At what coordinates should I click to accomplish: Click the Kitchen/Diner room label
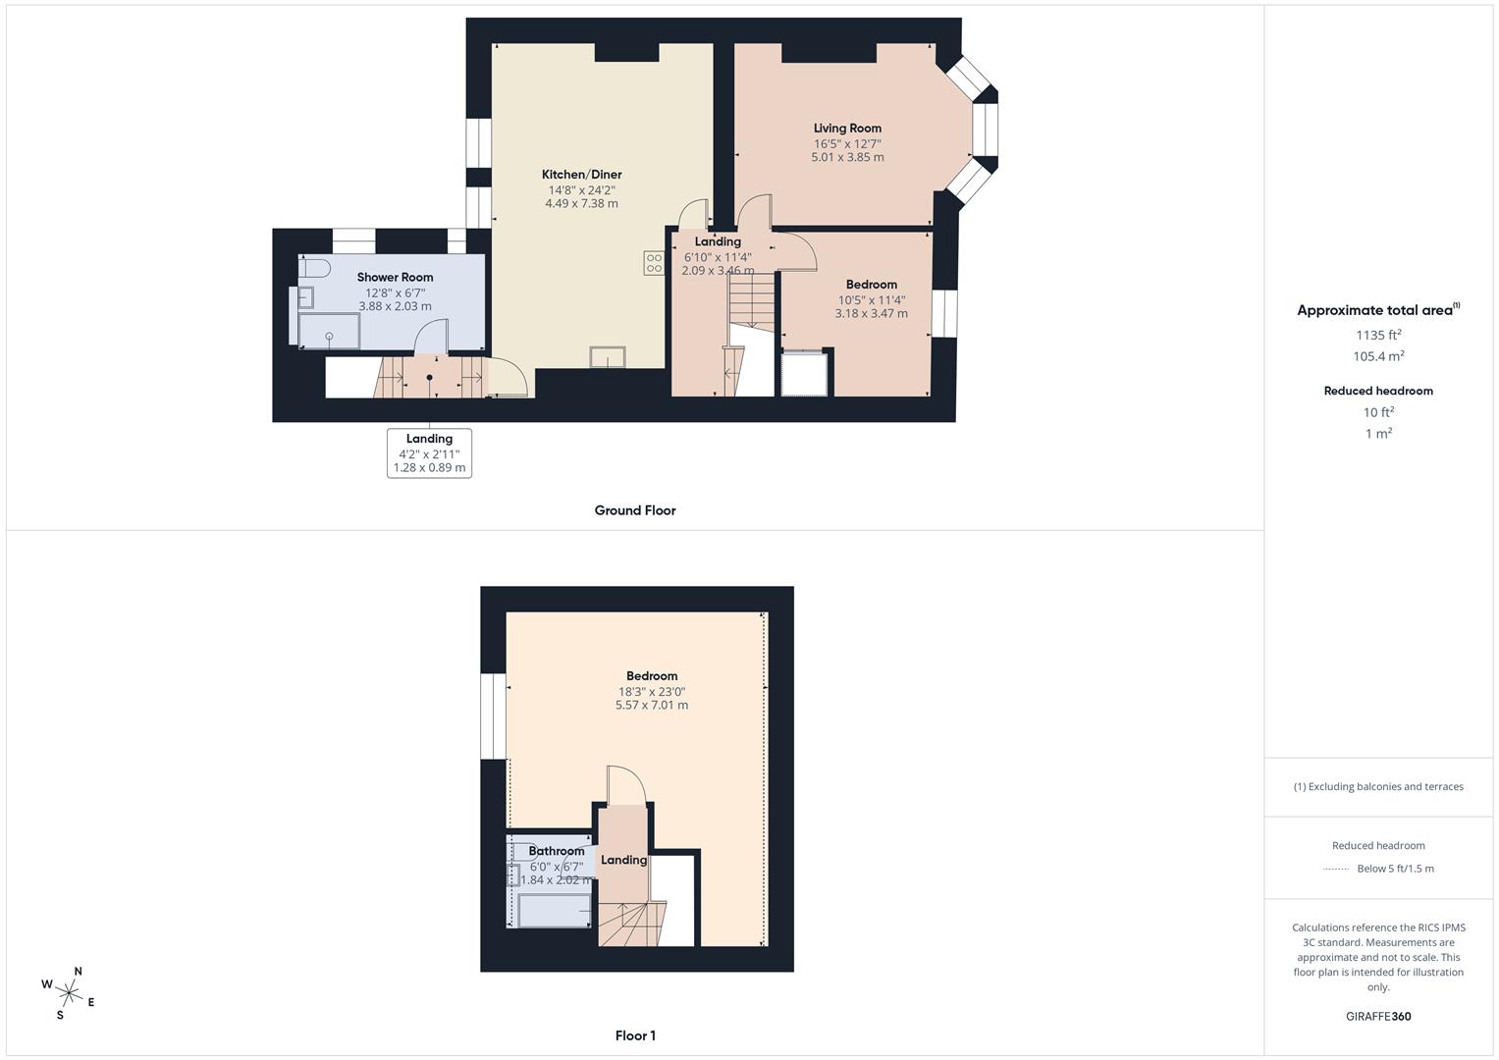[x=581, y=175]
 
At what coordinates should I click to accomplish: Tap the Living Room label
[x=847, y=129]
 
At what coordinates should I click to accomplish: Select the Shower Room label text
[x=395, y=278]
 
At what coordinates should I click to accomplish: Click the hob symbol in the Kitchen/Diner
[x=654, y=263]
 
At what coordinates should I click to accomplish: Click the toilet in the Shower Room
[x=315, y=268]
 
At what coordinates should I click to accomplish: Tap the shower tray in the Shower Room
[x=330, y=332]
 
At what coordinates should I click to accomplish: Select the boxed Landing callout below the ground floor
[x=429, y=453]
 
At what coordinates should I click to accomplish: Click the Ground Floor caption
[x=635, y=510]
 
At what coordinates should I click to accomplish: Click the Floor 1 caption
[x=635, y=1035]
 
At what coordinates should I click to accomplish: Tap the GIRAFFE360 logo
[x=1378, y=1017]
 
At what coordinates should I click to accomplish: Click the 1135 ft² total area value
[x=1378, y=335]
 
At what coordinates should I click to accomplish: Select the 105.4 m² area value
[x=1378, y=356]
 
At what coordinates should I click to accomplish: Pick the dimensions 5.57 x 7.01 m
[x=652, y=706]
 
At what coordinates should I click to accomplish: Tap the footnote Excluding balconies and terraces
[x=1378, y=787]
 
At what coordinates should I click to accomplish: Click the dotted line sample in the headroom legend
[x=1336, y=869]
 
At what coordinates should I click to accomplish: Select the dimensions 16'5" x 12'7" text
[x=847, y=143]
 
